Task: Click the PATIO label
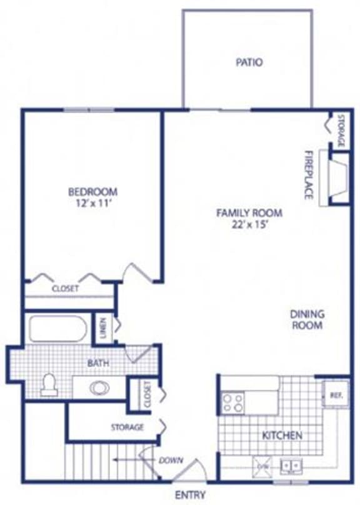coord(249,62)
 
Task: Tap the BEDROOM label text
coord(92,192)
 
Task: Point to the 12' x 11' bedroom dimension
coord(92,203)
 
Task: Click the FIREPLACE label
coord(307,175)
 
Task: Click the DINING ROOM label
coord(306,320)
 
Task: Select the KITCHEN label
coord(282,435)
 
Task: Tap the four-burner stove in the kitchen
coord(232,402)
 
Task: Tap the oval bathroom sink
coord(99,387)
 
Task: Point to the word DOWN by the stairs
coord(170,461)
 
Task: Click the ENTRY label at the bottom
coord(190,495)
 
